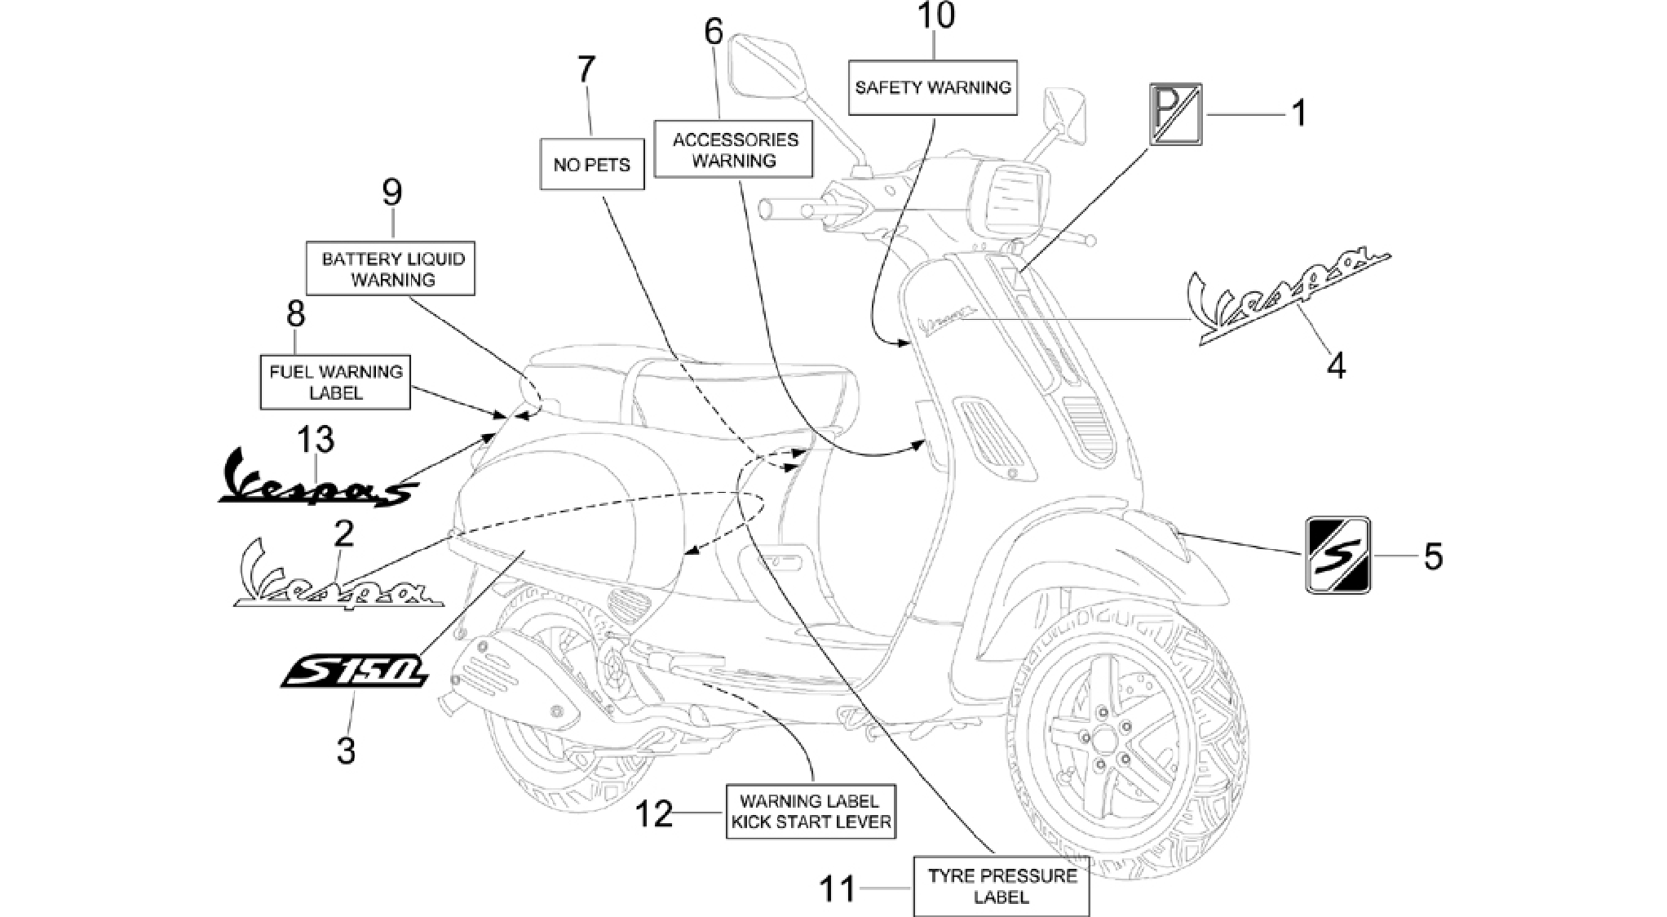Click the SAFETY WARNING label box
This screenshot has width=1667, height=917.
933,87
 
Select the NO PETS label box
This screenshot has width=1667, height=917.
592,164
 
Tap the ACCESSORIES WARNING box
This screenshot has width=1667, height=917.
734,150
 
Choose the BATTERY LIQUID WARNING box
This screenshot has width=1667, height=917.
391,268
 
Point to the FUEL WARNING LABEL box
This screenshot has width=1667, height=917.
335,382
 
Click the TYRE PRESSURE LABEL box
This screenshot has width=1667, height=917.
1002,886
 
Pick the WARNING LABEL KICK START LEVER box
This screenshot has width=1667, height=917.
811,812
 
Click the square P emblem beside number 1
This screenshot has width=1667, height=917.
1175,114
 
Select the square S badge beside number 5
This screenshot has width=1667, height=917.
1338,555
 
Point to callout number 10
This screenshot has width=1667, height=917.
935,16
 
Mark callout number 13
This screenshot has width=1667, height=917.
316,440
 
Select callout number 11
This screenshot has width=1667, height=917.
838,888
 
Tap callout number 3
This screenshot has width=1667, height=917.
346,750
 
